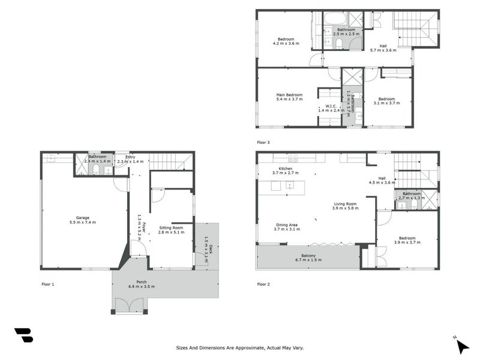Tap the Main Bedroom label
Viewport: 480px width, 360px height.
(x=289, y=97)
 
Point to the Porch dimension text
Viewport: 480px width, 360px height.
(x=142, y=287)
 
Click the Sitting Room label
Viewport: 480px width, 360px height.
(x=171, y=230)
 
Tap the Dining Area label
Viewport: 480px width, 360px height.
(x=286, y=227)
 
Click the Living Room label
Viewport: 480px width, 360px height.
(x=346, y=206)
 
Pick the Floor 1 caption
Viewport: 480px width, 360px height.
(x=47, y=284)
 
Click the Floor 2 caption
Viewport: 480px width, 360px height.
(x=263, y=284)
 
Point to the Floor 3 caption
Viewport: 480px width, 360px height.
(x=263, y=143)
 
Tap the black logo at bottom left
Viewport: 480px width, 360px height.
(x=23, y=335)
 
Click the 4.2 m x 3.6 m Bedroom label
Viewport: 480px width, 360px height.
(x=286, y=41)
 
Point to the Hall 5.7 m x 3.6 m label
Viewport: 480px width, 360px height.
(x=383, y=48)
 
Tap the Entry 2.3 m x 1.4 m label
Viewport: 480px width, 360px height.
(x=130, y=159)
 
